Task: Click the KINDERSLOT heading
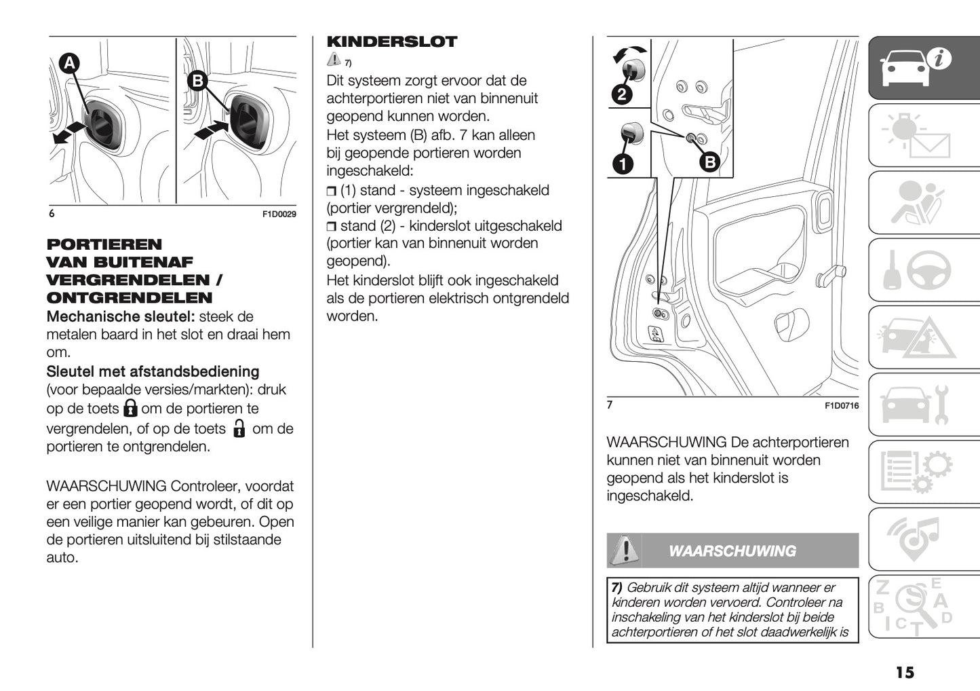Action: coord(391,42)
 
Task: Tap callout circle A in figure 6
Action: coord(68,64)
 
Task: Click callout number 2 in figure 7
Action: coord(622,94)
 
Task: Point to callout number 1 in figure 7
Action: coord(622,164)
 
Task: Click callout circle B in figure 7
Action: coord(709,162)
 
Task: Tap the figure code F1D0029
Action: coord(279,214)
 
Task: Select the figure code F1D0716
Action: coord(841,406)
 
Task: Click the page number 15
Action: coord(904,672)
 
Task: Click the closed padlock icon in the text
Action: coord(130,408)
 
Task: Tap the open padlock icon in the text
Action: coord(238,428)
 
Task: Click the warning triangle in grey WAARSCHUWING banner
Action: coord(625,550)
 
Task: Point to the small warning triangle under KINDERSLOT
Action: coord(333,60)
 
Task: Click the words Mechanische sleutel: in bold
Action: coord(121,316)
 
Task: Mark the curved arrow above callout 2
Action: coord(629,53)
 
